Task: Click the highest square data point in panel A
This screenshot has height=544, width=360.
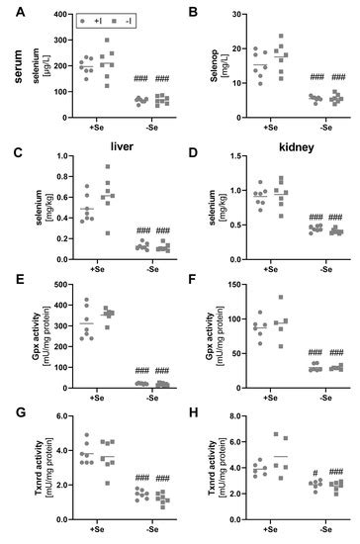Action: pos(134,41)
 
